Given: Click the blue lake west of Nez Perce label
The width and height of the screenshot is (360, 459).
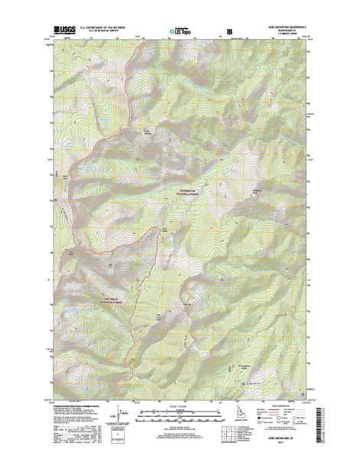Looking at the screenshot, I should [70, 314].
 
